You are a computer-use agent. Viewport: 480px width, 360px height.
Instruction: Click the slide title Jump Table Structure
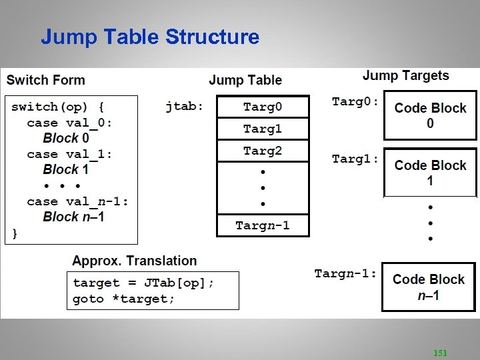point(150,37)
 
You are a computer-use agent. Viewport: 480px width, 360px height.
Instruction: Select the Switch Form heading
point(46,80)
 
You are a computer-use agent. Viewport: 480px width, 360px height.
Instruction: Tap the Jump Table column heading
point(245,80)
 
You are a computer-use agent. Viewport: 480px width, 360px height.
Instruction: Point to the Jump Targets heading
point(405,76)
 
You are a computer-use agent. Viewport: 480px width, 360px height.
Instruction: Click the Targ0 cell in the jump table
point(263,107)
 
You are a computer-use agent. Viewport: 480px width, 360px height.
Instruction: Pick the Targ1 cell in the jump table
point(263,129)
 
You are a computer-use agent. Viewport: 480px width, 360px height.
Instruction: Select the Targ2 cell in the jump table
point(263,151)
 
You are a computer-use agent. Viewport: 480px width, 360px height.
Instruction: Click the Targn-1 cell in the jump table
point(263,225)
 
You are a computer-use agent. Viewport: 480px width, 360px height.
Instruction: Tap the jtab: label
point(185,106)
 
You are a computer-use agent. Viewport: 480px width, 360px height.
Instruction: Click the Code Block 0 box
point(430,115)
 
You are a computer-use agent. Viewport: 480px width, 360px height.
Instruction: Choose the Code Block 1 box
point(430,173)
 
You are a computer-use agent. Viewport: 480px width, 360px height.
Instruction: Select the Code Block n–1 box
point(428,287)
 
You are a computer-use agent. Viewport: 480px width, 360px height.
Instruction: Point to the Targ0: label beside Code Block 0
point(355,102)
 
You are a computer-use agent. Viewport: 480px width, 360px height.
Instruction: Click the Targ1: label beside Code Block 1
point(355,159)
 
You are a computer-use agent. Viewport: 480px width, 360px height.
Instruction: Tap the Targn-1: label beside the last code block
point(345,273)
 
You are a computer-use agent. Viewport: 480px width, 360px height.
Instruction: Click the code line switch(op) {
point(57,107)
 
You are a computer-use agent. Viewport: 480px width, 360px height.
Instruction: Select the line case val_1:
point(69,154)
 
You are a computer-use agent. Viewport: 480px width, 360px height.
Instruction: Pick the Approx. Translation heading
point(135,261)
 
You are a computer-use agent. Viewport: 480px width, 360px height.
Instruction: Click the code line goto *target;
point(123,299)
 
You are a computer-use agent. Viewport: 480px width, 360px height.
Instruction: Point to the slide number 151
point(440,352)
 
